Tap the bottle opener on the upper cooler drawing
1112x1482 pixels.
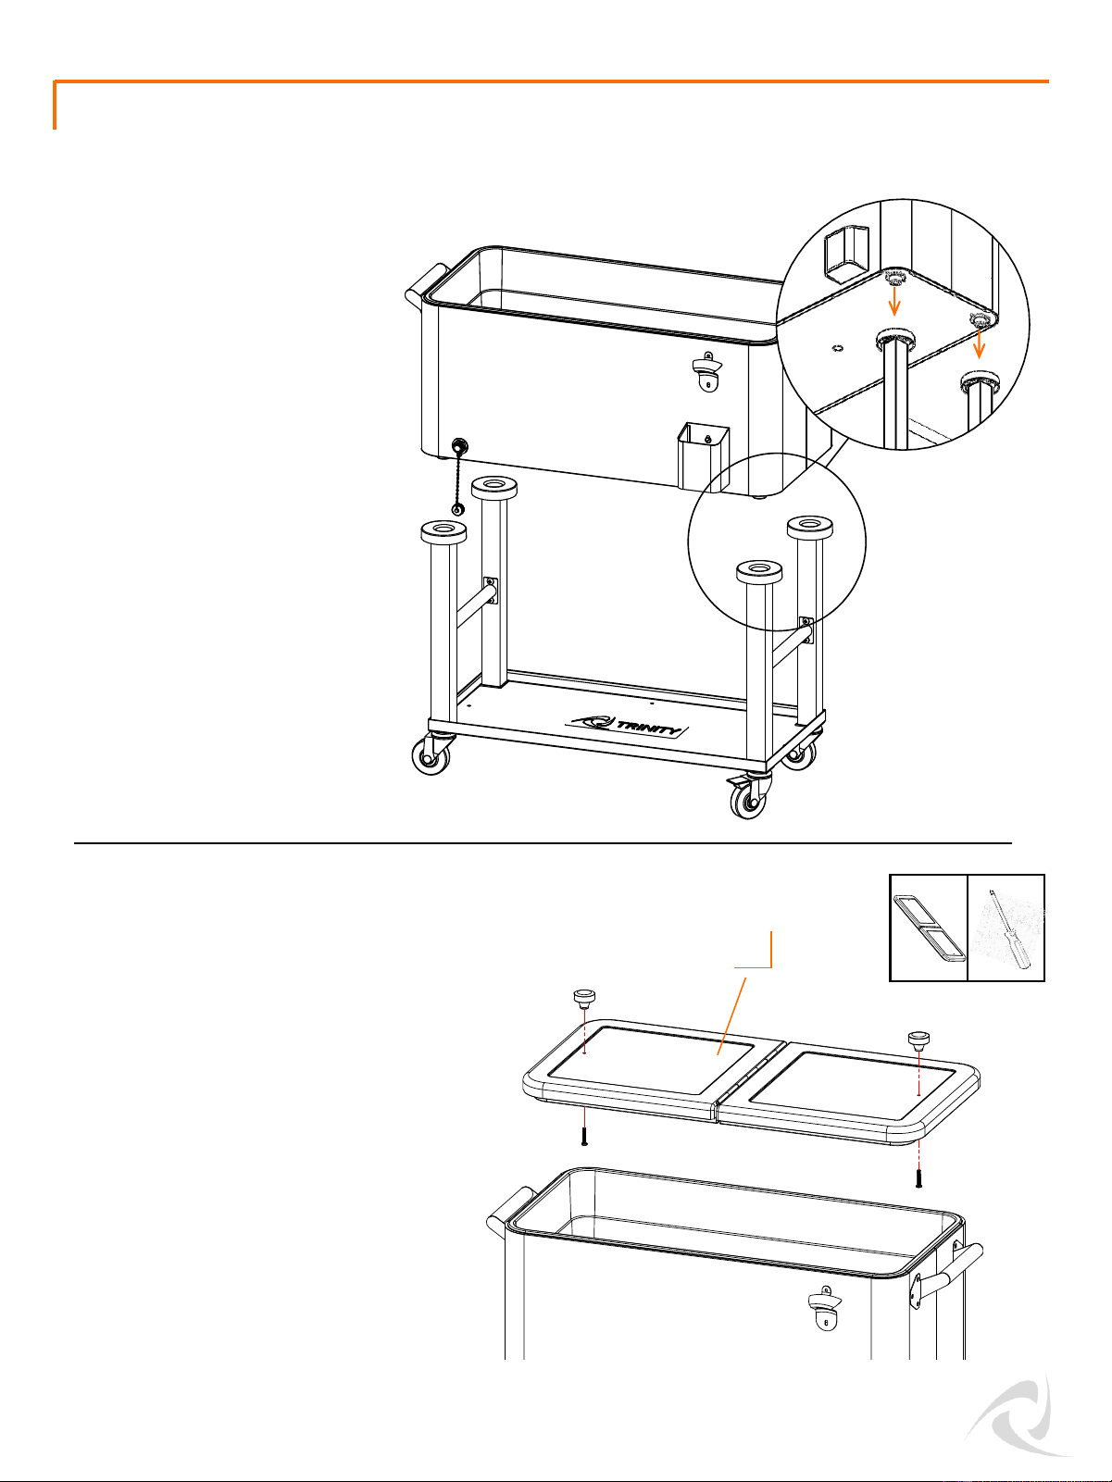tap(706, 373)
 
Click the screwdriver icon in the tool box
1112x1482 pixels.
tap(1008, 928)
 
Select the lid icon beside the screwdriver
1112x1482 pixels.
tap(930, 928)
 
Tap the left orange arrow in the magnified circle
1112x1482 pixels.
tap(893, 302)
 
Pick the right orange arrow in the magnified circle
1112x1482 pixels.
tap(979, 343)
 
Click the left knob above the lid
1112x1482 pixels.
tap(584, 997)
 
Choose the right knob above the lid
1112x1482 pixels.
tap(917, 1040)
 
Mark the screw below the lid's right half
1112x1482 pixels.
tap(918, 1179)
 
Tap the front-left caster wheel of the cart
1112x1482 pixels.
tap(432, 754)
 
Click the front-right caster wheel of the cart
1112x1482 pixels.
tap(748, 797)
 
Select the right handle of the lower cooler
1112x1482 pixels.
tap(945, 1271)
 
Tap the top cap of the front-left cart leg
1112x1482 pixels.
tap(443, 530)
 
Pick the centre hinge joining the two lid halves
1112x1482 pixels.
tap(751, 1078)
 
